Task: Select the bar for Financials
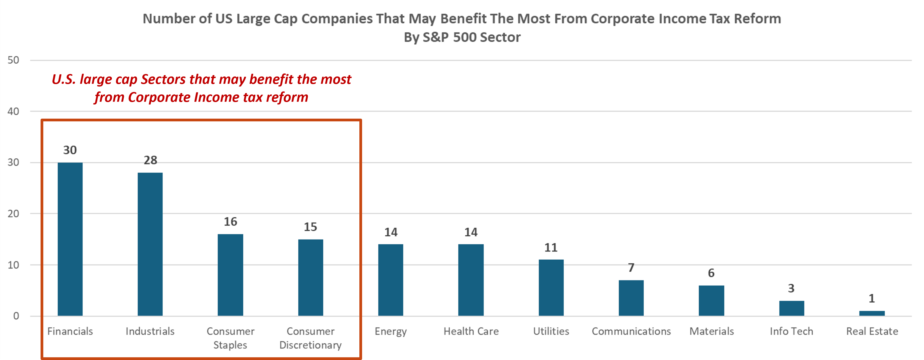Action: [70, 239]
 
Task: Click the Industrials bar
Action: [150, 244]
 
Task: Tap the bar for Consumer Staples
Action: [230, 275]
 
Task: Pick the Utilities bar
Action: [551, 288]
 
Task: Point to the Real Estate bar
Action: [872, 313]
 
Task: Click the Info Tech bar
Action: [791, 308]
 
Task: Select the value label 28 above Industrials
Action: [150, 160]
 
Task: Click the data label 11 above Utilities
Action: [551, 248]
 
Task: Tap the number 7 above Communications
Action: [631, 268]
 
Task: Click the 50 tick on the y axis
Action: [13, 60]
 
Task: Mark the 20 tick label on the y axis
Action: [13, 214]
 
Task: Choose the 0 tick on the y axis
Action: [16, 316]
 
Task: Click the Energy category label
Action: [391, 331]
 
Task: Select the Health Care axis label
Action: [471, 331]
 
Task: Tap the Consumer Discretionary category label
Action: [310, 338]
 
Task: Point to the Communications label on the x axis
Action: [631, 331]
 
